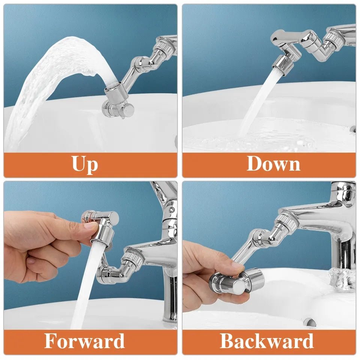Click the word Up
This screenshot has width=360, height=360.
tap(85, 164)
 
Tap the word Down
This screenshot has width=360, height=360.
tap(273, 164)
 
